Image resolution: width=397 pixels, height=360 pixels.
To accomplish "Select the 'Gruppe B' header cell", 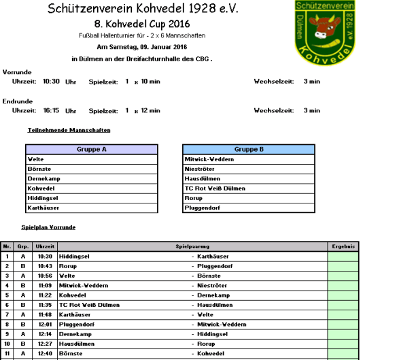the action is tap(249, 150).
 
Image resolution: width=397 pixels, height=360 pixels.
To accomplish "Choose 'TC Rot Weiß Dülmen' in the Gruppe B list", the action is tap(215, 189).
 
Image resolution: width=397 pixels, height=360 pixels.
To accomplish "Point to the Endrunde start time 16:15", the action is tap(52, 110).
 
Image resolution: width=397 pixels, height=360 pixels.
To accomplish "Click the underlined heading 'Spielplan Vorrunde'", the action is tap(48, 227).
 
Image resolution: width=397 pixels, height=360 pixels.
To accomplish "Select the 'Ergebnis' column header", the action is tap(343, 246).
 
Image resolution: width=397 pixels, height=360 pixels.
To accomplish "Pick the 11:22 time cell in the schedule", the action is tap(46, 296).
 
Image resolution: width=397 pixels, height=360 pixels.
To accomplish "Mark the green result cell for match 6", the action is tap(343, 306).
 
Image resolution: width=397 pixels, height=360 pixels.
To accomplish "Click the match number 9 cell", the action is tap(7, 336).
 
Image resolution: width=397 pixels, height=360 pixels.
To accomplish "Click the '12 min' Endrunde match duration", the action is tap(150, 110).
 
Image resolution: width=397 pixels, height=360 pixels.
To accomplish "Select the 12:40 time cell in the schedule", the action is tap(46, 355).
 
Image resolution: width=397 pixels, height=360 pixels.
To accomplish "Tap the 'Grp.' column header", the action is tap(22, 246).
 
